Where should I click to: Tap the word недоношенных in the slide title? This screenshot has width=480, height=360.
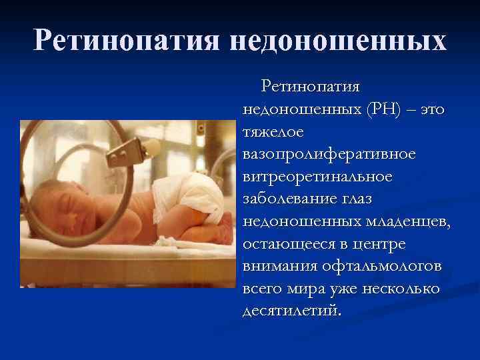click(339, 41)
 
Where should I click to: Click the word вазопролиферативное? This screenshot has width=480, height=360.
click(329, 154)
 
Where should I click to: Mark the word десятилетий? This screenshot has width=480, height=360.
click(291, 311)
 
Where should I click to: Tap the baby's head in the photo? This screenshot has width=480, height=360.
click(60, 200)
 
